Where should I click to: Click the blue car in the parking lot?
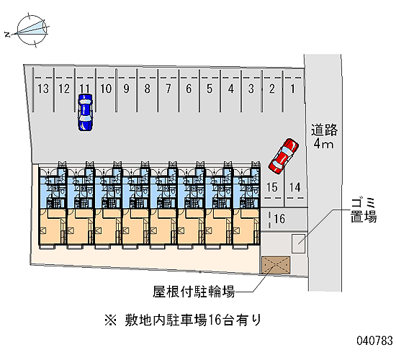click(85, 112)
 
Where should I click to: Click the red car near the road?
click(284, 156)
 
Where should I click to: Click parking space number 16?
click(279, 219)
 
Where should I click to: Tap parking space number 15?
click(272, 187)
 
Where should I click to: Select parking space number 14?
click(294, 187)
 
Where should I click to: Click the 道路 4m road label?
click(324, 136)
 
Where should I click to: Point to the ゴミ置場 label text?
click(364, 210)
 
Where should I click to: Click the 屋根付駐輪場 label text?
click(194, 292)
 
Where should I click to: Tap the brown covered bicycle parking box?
click(276, 265)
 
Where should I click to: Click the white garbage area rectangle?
click(298, 243)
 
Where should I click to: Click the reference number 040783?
click(374, 341)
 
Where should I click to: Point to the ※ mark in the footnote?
click(111, 321)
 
